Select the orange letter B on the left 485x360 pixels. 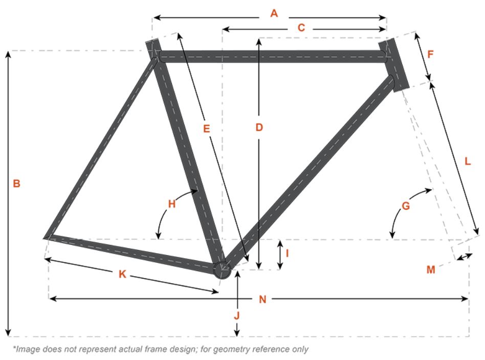click(16, 183)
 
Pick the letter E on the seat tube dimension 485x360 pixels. click(206, 129)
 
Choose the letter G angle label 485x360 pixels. click(406, 206)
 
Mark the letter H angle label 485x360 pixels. click(172, 204)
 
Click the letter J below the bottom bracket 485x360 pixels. click(236, 316)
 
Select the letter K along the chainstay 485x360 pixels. click(122, 274)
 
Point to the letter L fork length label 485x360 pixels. click(467, 161)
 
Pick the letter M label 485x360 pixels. click(431, 269)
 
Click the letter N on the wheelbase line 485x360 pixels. click(262, 300)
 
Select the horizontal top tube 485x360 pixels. click(271, 56)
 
